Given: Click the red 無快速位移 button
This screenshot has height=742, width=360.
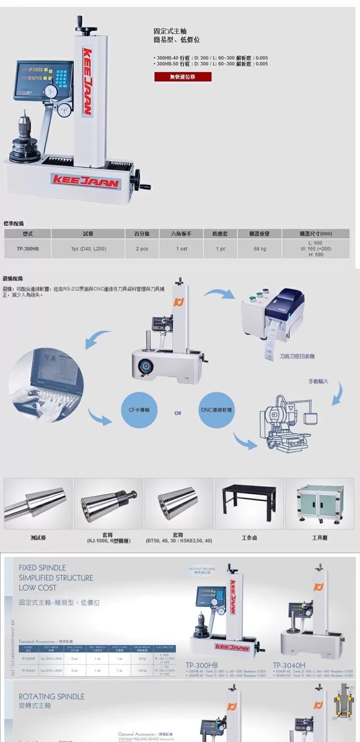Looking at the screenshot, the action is [x=182, y=77].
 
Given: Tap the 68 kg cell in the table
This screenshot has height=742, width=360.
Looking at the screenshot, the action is [x=260, y=249].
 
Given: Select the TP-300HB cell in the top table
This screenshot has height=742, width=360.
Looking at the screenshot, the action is [x=28, y=249].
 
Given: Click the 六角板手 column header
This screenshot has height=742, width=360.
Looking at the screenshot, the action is [x=181, y=234].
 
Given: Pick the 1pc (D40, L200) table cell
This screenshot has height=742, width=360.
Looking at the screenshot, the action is [x=88, y=249].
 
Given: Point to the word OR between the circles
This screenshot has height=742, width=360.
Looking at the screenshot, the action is [x=178, y=413].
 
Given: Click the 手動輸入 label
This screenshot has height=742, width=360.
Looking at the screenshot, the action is [x=318, y=381].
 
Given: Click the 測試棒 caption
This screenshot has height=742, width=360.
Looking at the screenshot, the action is [x=38, y=538].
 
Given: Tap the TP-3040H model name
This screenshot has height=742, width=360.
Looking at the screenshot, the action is [x=289, y=665].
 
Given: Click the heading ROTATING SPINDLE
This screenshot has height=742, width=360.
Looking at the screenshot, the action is [x=51, y=696].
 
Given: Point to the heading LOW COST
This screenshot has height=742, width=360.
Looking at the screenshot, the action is [x=37, y=587].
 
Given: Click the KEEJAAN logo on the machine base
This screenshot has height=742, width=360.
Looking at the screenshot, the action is [x=85, y=180].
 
